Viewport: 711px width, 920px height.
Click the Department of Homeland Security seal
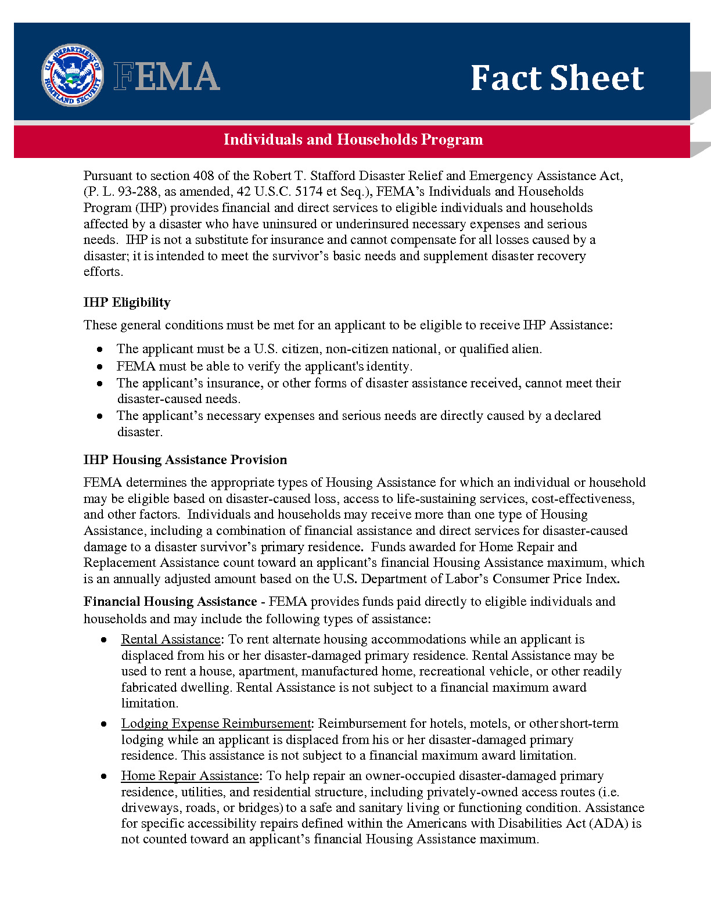coord(72,76)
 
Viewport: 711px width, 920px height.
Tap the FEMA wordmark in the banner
coord(167,77)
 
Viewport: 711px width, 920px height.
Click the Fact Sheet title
coord(556,78)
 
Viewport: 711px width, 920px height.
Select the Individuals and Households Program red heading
coord(353,140)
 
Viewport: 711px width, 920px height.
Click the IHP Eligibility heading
coord(127,303)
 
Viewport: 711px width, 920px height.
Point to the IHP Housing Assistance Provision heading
coord(185,460)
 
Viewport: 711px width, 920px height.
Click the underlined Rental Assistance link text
coord(171,639)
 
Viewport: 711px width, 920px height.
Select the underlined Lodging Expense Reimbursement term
coord(216,724)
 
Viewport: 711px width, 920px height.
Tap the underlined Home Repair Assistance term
coord(190,776)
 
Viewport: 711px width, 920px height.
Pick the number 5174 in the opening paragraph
coord(308,192)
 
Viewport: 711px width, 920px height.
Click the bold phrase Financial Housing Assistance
coord(170,602)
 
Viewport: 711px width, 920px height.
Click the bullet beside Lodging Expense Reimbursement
coord(103,724)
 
